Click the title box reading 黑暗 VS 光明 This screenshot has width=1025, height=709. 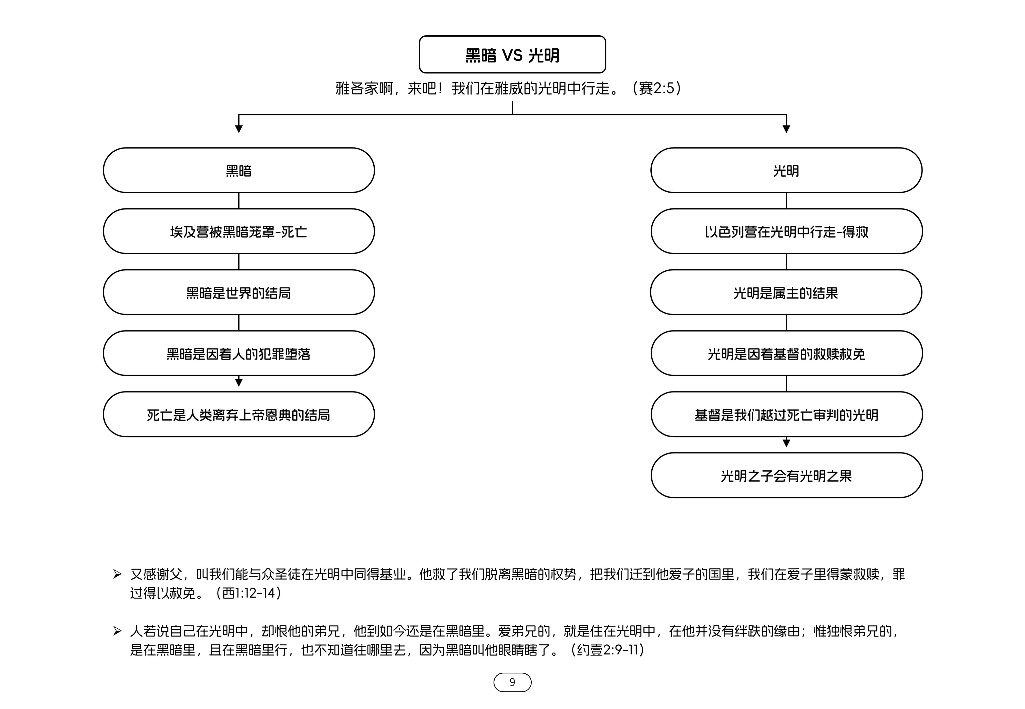512,54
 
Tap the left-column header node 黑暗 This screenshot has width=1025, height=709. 239,170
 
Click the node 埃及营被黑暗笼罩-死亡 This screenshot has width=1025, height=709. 239,231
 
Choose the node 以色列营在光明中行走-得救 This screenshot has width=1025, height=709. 786,231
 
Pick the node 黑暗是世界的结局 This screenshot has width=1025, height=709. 239,292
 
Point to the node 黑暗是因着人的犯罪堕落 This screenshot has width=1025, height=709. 239,353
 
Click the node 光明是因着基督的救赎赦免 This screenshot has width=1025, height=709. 786,353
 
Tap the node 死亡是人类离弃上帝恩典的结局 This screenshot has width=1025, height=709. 239,414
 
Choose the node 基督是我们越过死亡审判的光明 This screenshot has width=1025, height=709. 786,414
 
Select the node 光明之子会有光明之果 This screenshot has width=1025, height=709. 786,475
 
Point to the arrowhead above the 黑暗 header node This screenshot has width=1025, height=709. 239,129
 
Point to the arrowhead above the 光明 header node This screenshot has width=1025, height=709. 786,129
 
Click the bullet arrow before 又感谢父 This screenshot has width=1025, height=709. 117,574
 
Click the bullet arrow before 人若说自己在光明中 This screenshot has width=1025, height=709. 117,631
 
